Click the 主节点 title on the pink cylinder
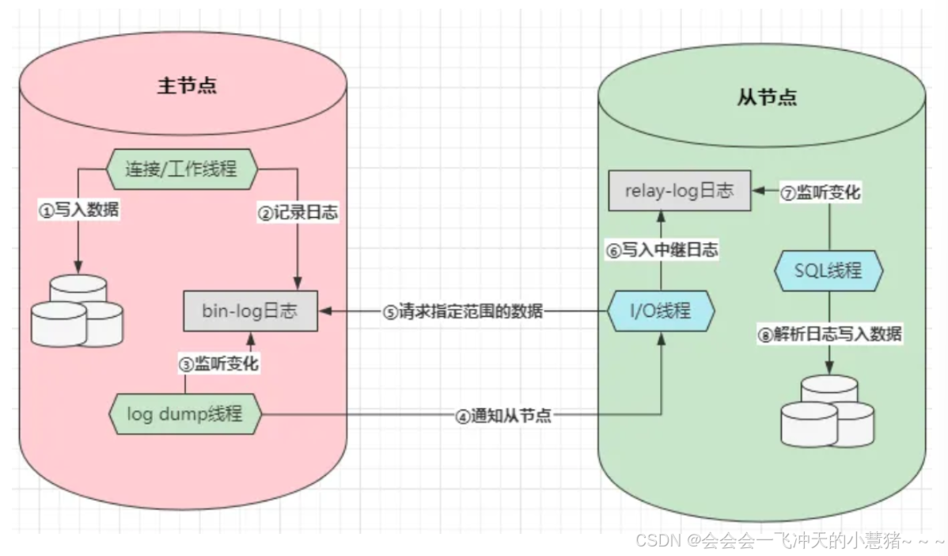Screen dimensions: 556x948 [187, 86]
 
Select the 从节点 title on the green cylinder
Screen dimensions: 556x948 [766, 97]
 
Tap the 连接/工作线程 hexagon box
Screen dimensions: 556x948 [180, 168]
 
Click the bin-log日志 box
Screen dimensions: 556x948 [250, 310]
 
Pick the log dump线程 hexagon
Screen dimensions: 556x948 [184, 413]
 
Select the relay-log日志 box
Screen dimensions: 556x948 [679, 191]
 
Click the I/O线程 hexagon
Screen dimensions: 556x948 [661, 310]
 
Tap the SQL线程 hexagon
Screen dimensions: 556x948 [827, 272]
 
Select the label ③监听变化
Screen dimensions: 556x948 [218, 364]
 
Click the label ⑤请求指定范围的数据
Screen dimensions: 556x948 [464, 311]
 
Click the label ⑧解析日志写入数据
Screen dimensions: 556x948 [829, 333]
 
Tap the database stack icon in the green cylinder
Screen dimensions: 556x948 [829, 410]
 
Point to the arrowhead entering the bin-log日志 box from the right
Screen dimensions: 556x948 [324, 311]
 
